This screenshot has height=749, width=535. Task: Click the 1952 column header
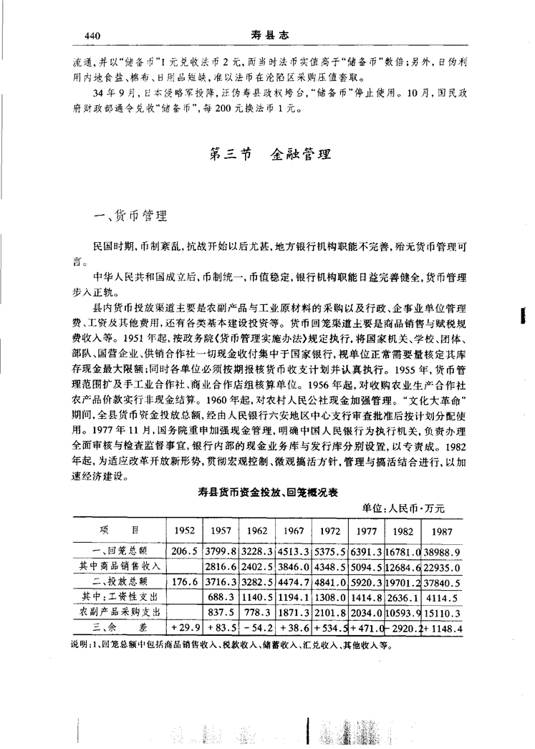pyautogui.click(x=185, y=531)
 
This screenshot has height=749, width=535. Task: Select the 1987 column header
pyautogui.click(x=441, y=531)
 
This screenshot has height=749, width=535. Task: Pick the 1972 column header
pyautogui.click(x=329, y=531)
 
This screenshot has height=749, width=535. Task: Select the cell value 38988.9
pyautogui.click(x=441, y=551)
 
